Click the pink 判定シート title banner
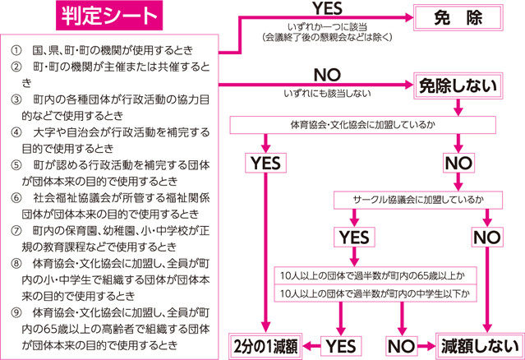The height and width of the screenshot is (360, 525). (109, 16)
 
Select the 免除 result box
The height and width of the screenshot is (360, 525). (458, 18)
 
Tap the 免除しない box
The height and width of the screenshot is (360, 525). (458, 85)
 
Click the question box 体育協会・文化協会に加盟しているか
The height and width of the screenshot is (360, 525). (362, 125)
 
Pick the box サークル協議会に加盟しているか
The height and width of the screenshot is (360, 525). (418, 200)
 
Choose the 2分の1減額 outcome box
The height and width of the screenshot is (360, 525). (265, 346)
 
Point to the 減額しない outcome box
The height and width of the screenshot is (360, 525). (480, 346)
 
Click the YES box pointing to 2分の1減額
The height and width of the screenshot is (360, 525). (341, 346)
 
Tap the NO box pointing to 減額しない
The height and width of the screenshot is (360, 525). (402, 346)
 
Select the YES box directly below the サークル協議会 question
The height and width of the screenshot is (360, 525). (354, 237)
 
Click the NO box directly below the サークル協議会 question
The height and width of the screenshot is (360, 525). (487, 237)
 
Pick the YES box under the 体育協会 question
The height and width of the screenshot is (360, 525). (266, 163)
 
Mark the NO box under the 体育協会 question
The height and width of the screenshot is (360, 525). (458, 163)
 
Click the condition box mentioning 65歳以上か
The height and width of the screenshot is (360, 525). (375, 275)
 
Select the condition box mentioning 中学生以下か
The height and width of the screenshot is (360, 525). (375, 293)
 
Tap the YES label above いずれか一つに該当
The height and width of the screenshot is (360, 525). (328, 8)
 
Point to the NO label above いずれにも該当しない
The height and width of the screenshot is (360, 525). (327, 76)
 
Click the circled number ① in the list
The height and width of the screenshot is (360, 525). (16, 51)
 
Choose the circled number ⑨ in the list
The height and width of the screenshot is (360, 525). (16, 313)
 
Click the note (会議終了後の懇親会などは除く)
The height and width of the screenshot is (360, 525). (327, 38)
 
